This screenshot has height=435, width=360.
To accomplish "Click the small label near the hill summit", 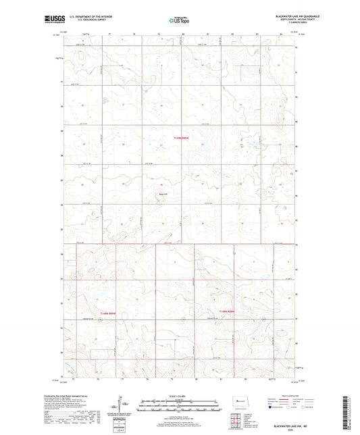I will coord(161,194).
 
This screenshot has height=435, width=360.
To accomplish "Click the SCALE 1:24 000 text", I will coord(179,395).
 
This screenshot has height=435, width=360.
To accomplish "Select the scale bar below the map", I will coord(179,407).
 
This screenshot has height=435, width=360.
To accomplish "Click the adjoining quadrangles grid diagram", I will coord(235,423).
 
